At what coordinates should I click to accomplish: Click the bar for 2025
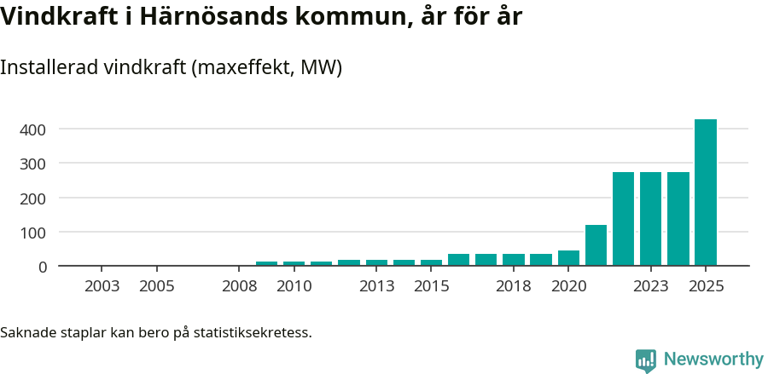pyautogui.click(x=705, y=193)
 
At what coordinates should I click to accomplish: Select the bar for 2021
pyautogui.click(x=596, y=245)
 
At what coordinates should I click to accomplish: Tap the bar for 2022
pyautogui.click(x=623, y=219)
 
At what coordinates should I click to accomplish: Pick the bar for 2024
pyautogui.click(x=678, y=219)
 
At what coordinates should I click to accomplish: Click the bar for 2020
pyautogui.click(x=568, y=258)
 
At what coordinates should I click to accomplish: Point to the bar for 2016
pyautogui.click(x=458, y=260)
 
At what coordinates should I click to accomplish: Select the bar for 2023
pyautogui.click(x=650, y=219)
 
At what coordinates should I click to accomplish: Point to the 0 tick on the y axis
pyautogui.click(x=42, y=267)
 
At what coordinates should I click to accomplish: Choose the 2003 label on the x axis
pyautogui.click(x=102, y=286)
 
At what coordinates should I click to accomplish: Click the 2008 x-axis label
pyautogui.click(x=239, y=286)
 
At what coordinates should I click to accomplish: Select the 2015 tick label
pyautogui.click(x=431, y=286)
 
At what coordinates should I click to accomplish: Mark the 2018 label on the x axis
pyautogui.click(x=514, y=286)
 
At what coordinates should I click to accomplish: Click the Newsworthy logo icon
pyautogui.click(x=646, y=360)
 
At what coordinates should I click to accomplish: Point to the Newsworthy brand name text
pyautogui.click(x=713, y=360)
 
